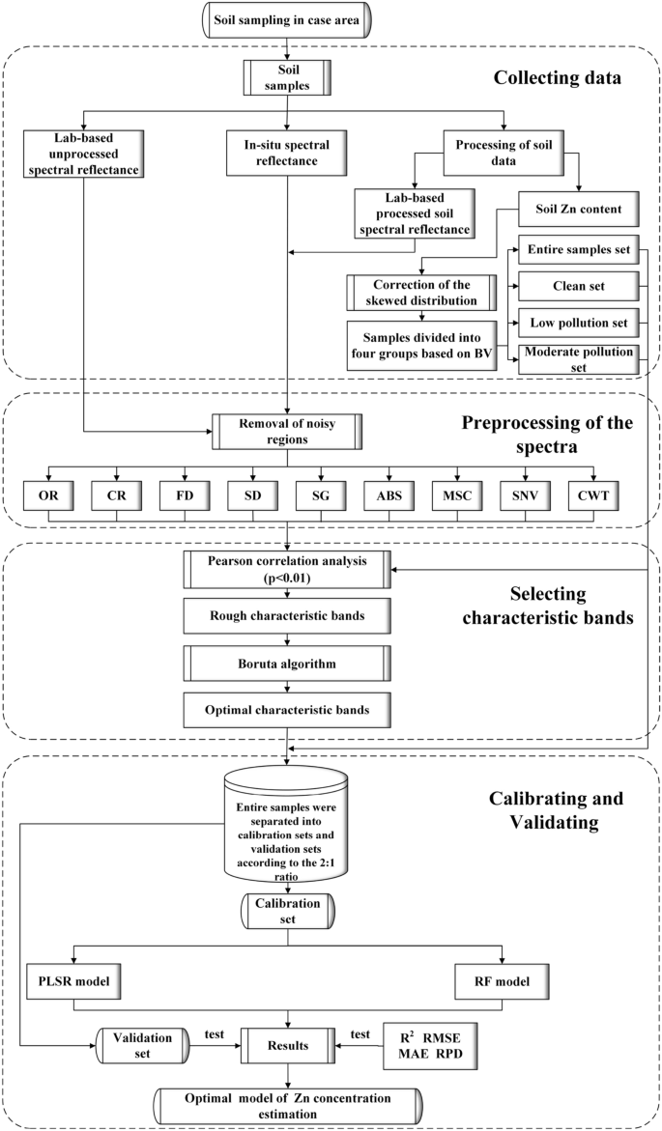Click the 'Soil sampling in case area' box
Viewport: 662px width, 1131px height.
click(x=288, y=18)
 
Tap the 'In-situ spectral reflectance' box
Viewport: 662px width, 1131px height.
click(x=287, y=152)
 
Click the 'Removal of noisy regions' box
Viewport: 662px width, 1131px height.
click(x=287, y=429)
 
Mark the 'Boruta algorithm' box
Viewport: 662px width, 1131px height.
click(x=287, y=664)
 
